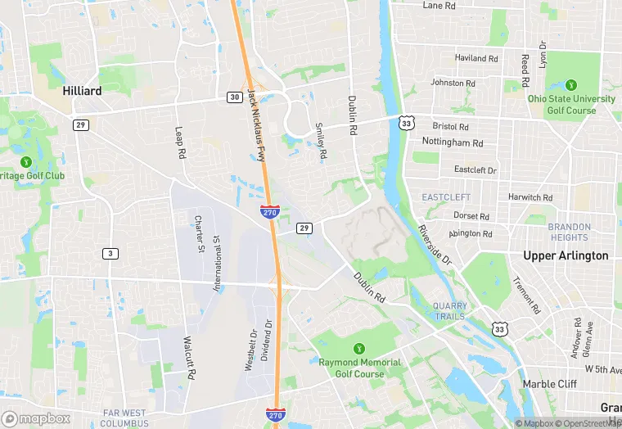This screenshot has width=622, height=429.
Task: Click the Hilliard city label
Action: point(83,91)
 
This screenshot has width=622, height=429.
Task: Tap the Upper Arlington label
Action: point(566,255)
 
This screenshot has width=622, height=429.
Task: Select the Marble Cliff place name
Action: point(550,384)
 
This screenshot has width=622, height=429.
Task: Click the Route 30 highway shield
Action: point(234,97)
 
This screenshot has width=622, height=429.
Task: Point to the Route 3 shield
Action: point(110,253)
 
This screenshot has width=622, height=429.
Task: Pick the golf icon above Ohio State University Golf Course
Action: point(571,84)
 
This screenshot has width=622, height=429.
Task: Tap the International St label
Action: point(218,264)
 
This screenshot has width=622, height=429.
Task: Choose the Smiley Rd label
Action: point(321,141)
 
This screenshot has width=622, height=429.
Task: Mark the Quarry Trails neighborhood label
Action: point(449,311)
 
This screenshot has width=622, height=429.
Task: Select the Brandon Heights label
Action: point(569,232)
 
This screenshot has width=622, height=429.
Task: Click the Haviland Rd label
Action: point(476,59)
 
